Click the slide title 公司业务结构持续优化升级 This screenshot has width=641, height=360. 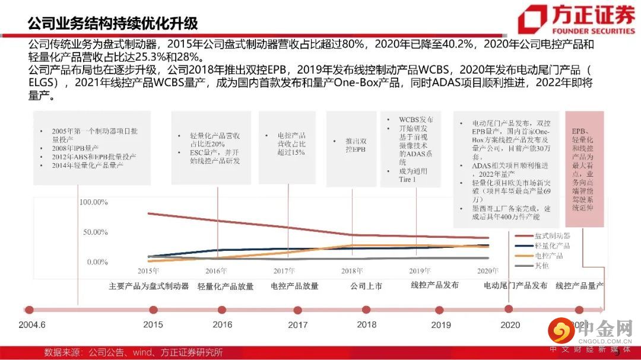coord(113,23)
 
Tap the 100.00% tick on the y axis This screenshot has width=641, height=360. coord(93,202)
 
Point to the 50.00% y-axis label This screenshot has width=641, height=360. coord(95,232)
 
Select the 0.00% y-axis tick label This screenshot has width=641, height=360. coord(97,262)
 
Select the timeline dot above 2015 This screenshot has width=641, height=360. coord(153,310)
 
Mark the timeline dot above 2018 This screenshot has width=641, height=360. coord(367,310)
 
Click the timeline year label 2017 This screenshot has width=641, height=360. coord(297,325)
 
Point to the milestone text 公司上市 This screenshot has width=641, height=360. coord(366,286)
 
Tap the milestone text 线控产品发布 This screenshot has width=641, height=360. coord(434,285)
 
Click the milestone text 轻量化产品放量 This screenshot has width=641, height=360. coord(226,286)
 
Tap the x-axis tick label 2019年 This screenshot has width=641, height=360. coord(420,271)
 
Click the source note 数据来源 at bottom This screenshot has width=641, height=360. coord(134,352)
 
